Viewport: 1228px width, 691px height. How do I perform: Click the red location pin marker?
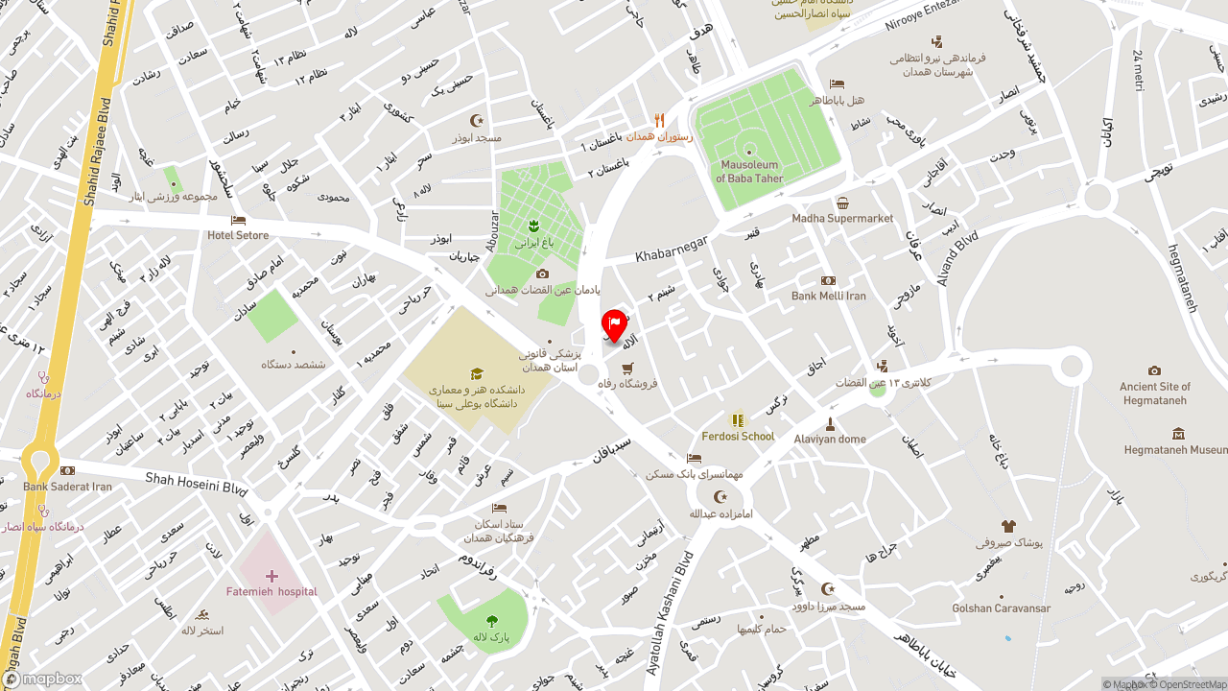(x=614, y=326)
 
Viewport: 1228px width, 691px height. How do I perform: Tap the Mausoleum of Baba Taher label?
(x=749, y=172)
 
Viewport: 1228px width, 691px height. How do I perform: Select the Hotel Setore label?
(x=238, y=235)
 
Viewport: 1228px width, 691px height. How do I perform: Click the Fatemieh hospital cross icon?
(x=272, y=576)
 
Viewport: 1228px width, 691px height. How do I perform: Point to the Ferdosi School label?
(x=738, y=436)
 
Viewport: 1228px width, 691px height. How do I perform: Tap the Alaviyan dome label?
(x=829, y=439)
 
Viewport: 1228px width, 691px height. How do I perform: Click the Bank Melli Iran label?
(x=828, y=296)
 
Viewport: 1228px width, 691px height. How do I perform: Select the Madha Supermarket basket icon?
(x=842, y=203)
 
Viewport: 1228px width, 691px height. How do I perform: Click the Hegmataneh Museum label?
(x=1175, y=449)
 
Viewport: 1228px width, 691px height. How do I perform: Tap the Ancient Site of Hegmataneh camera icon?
(x=1154, y=371)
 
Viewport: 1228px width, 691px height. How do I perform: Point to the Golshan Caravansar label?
(x=1001, y=608)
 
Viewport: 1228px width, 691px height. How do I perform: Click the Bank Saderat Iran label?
(x=67, y=487)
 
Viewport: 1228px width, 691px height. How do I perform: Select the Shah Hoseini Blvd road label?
(x=196, y=482)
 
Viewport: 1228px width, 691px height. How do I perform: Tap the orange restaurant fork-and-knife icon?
(x=659, y=121)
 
